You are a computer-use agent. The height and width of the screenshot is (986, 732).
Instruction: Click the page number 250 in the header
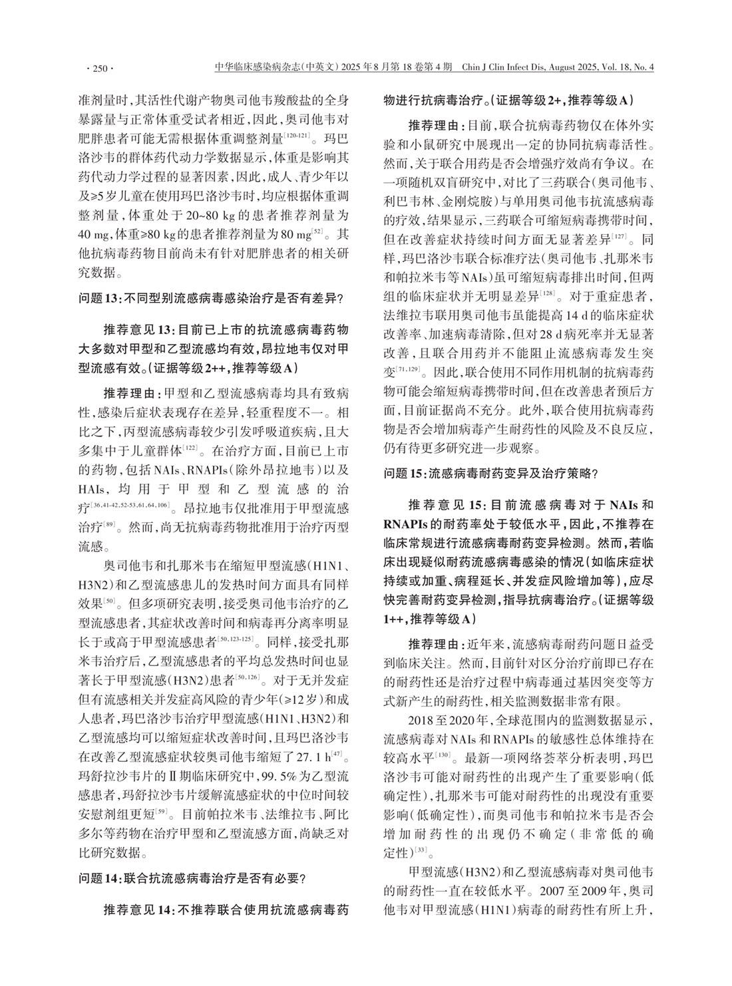pos(100,68)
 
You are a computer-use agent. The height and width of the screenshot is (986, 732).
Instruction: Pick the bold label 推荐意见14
pos(138,909)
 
